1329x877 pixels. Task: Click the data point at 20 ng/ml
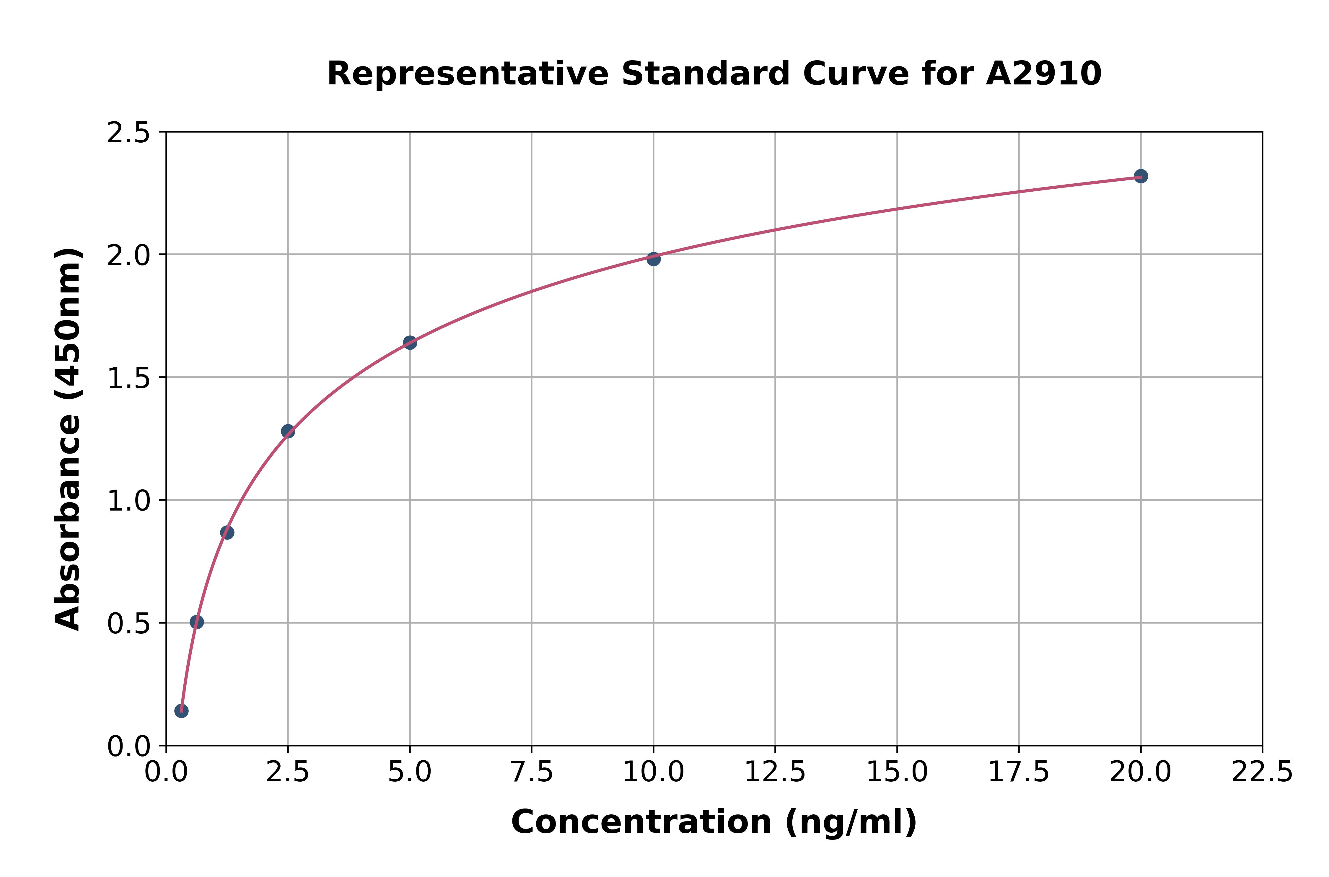1141,176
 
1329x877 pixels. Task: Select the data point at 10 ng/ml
653,259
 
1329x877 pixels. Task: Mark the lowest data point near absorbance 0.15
181,711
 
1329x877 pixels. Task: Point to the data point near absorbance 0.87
227,532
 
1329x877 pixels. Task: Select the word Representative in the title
468,74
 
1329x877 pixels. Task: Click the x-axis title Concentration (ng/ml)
714,822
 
